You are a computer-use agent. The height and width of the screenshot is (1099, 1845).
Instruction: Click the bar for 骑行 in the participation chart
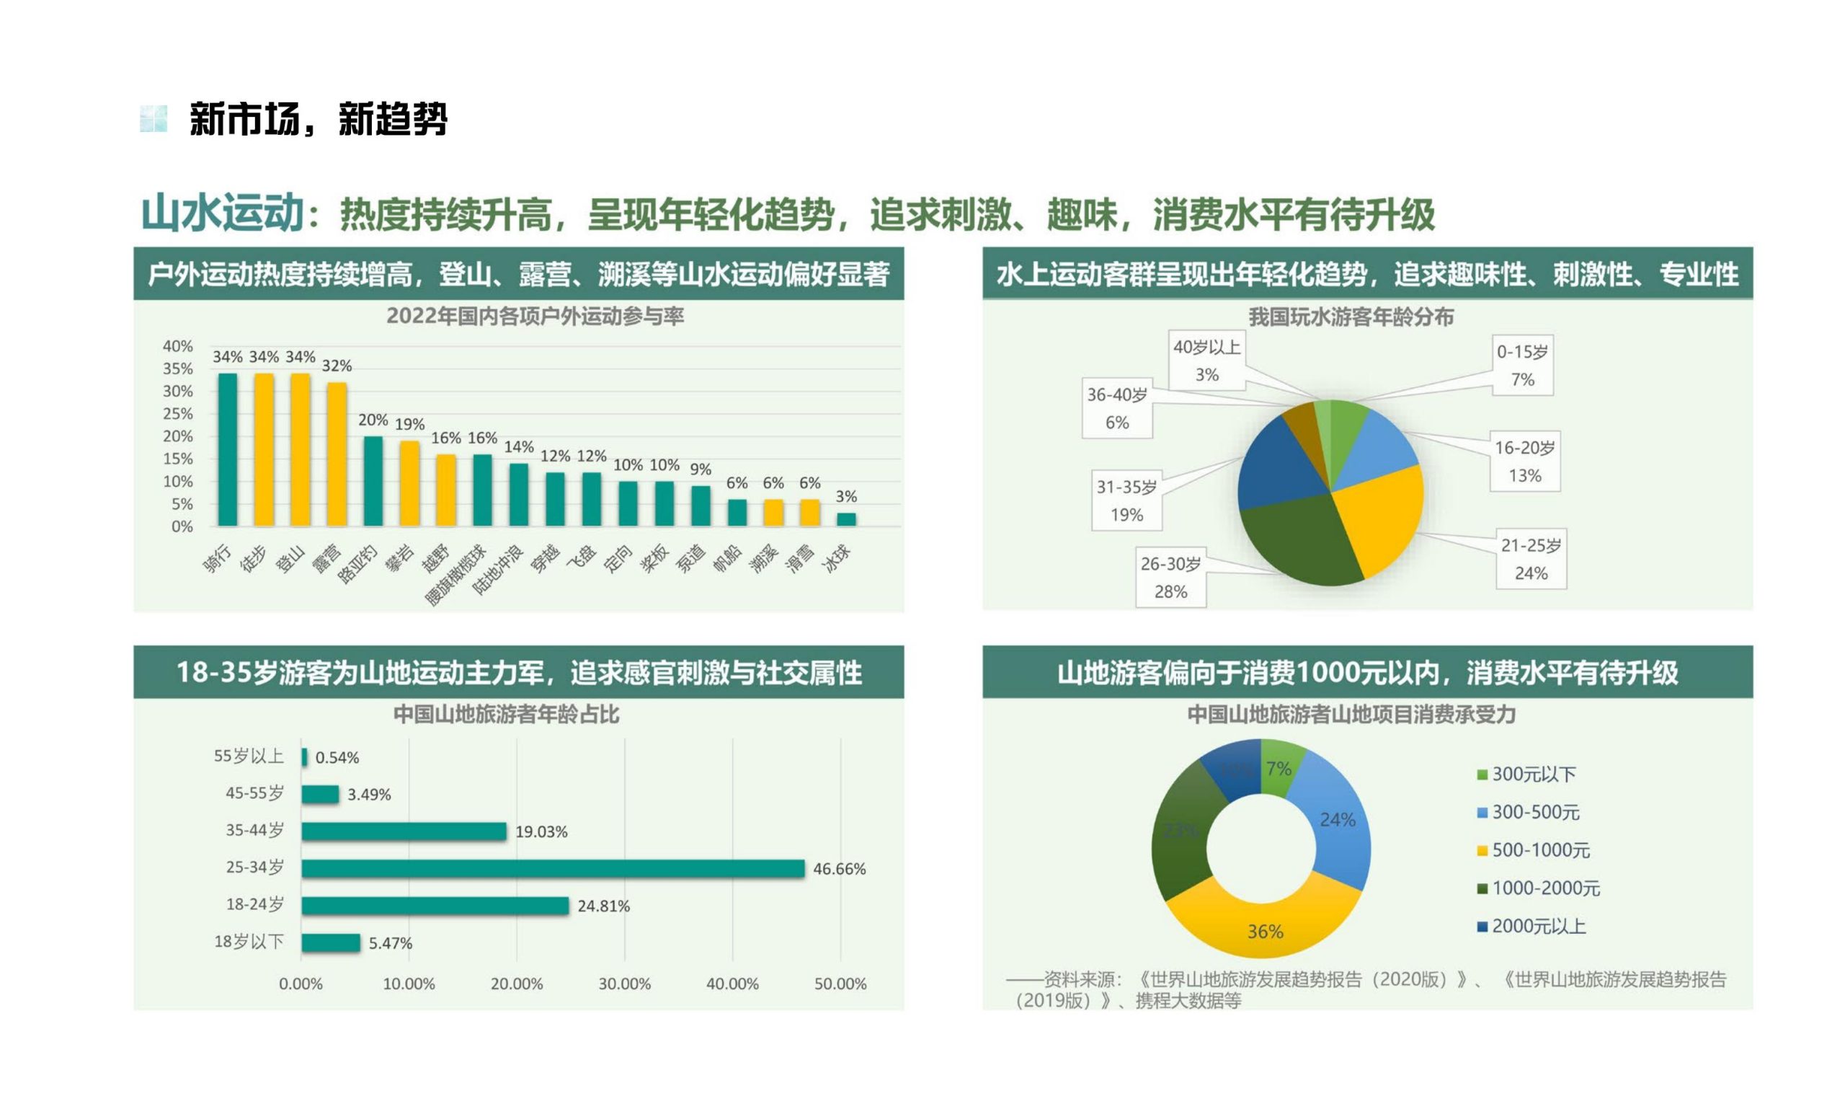pyautogui.click(x=227, y=449)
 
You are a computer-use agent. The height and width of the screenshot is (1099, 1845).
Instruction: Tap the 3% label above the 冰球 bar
pyautogui.click(x=846, y=496)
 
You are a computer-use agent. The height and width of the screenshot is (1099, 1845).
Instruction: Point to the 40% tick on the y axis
pyautogui.click(x=177, y=346)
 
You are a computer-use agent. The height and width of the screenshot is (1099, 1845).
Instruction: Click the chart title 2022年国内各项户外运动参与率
pyautogui.click(x=534, y=317)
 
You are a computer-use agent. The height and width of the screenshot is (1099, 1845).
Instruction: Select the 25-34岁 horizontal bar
pyautogui.click(x=552, y=868)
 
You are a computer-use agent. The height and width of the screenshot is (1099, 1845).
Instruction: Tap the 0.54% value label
pyautogui.click(x=337, y=757)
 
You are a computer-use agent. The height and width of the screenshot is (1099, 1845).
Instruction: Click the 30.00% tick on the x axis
pyautogui.click(x=624, y=984)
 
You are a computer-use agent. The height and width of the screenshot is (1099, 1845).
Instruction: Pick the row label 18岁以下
pyautogui.click(x=249, y=941)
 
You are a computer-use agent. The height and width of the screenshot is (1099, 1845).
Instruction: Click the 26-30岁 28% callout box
pyautogui.click(x=1170, y=578)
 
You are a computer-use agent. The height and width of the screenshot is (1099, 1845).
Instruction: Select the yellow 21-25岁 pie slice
pyautogui.click(x=1377, y=518)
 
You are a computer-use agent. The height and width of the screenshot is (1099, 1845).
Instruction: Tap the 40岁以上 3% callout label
pyautogui.click(x=1206, y=360)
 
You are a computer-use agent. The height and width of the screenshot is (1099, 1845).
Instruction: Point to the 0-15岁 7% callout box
pyautogui.click(x=1521, y=365)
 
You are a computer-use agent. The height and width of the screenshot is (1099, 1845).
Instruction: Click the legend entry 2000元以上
pyautogui.click(x=1537, y=926)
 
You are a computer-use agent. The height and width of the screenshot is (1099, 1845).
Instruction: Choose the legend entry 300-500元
pyautogui.click(x=1534, y=812)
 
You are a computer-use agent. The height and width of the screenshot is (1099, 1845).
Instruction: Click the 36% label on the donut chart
pyautogui.click(x=1265, y=931)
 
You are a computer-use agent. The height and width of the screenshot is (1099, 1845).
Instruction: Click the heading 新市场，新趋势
pyautogui.click(x=319, y=118)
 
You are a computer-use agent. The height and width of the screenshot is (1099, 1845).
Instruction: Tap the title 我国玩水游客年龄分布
pyautogui.click(x=1351, y=317)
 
